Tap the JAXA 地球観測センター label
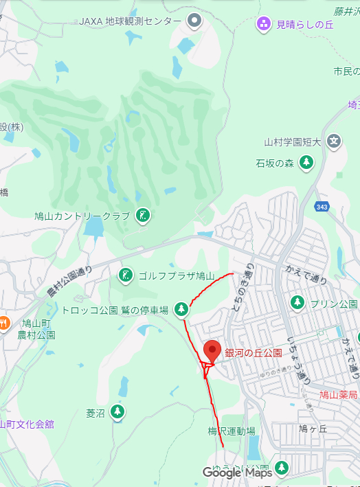[x=131, y=21]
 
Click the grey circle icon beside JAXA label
[x=195, y=21]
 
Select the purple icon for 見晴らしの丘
[x=264, y=25]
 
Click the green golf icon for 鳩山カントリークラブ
[x=142, y=216]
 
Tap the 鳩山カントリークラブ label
[x=82, y=216]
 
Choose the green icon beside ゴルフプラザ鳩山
[x=125, y=276]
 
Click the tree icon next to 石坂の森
[x=306, y=163]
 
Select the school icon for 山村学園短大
[x=334, y=142]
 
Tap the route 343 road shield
[x=322, y=206]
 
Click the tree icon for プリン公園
[x=297, y=303]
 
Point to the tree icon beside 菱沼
[x=118, y=412]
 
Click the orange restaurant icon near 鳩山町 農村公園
[x=3, y=322]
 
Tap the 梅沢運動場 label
[x=232, y=431]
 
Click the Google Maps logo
[x=238, y=473]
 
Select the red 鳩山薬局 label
[x=339, y=395]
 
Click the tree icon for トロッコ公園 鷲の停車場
[x=181, y=310]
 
